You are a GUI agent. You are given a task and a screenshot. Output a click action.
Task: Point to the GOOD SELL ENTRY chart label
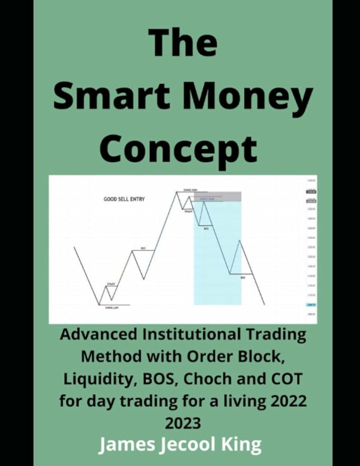(124, 199)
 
